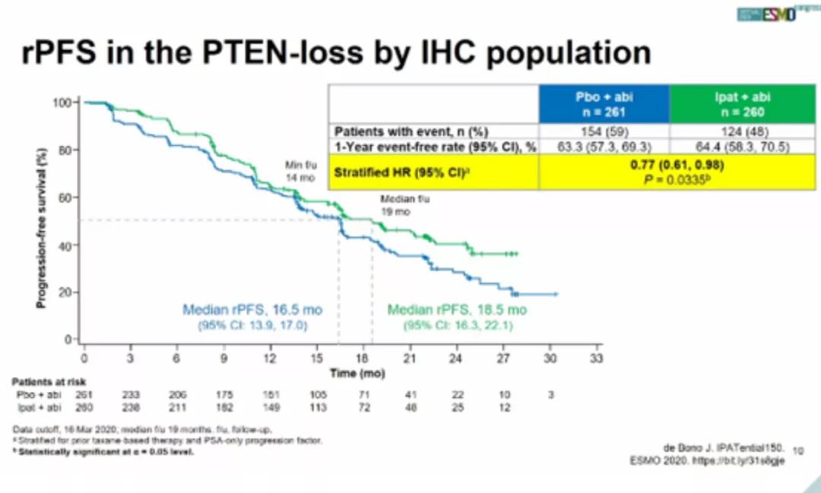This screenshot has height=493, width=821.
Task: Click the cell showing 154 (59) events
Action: tap(604, 130)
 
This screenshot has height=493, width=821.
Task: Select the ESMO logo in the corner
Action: tap(767, 16)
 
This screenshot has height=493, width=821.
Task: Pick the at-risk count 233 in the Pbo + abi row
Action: tap(131, 395)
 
